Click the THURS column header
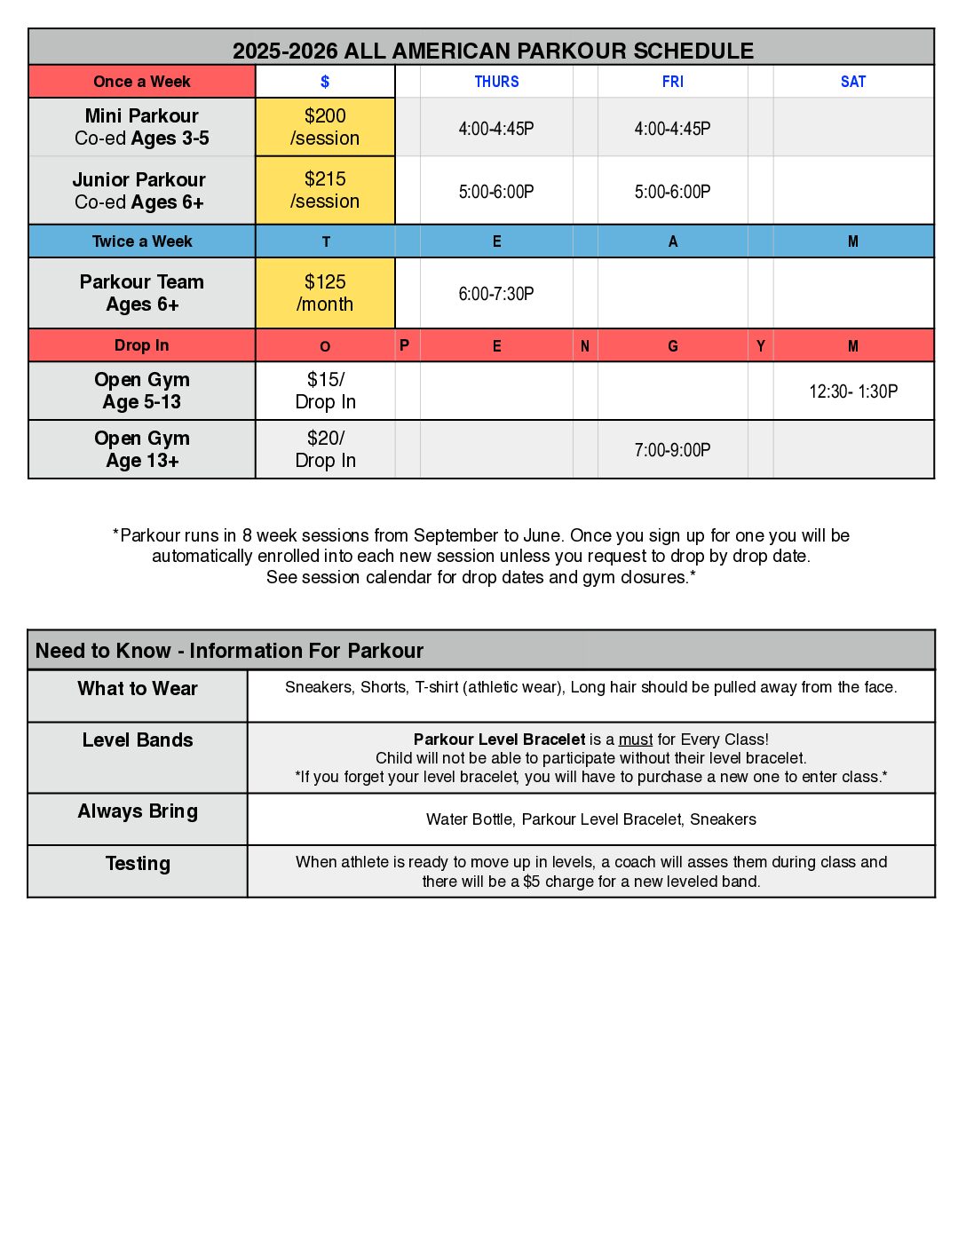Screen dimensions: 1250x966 [496, 82]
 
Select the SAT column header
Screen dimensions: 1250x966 [852, 82]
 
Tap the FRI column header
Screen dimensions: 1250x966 [672, 82]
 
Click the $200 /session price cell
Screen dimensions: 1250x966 [325, 127]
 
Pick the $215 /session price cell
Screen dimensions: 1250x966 [325, 190]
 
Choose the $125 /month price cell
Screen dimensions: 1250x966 [325, 293]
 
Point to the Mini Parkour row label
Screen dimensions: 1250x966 [142, 127]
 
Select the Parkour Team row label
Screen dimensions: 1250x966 [142, 293]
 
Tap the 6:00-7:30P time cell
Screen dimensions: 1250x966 [496, 294]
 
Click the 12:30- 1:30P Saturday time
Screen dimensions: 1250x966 [852, 392]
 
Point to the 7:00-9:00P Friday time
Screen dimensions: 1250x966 [672, 450]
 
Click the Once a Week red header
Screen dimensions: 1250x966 [142, 82]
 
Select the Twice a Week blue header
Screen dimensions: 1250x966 [142, 241]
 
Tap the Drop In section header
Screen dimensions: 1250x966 [142, 345]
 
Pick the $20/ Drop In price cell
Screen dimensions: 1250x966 [325, 449]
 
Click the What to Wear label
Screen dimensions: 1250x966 [138, 689]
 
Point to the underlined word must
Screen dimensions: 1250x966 [635, 740]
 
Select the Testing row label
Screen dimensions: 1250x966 [138, 864]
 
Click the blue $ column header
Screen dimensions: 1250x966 [325, 82]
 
